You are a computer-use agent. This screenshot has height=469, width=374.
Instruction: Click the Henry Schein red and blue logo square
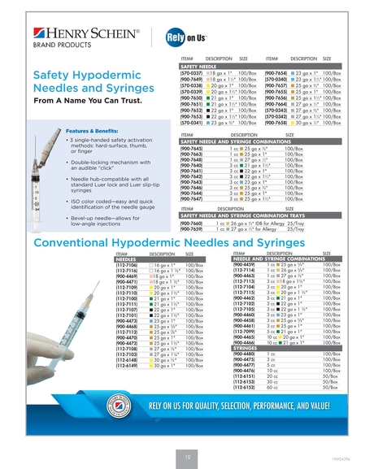(40, 36)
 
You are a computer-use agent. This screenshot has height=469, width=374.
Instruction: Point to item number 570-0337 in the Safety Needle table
(191, 73)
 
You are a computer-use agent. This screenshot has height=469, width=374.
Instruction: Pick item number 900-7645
(191, 147)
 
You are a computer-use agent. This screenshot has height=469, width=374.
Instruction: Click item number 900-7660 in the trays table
(191, 223)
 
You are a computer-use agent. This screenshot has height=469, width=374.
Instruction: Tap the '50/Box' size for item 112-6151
(330, 377)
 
